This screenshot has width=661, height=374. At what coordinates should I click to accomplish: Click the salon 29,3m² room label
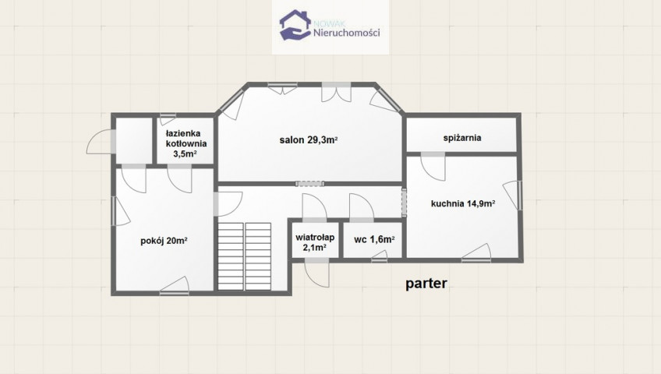click(309, 139)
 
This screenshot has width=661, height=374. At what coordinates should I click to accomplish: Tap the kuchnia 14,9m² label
click(463, 204)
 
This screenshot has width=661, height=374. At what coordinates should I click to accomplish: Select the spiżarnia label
click(462, 138)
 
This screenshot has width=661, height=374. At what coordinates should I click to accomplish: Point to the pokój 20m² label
click(164, 241)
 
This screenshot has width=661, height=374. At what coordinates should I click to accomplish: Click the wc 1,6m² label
click(374, 240)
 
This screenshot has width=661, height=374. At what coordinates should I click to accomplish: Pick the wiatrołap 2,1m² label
click(315, 242)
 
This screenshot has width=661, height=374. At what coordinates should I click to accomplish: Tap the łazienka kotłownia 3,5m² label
click(186, 143)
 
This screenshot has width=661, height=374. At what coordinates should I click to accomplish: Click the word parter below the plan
click(426, 284)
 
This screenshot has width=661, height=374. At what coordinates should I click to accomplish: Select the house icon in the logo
click(295, 25)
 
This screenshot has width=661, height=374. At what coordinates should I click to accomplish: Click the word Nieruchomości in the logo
click(347, 33)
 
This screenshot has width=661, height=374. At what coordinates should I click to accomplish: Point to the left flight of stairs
click(231, 256)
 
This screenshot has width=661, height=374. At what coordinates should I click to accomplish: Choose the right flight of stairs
click(258, 256)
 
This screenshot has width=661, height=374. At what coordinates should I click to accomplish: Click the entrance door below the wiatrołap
click(316, 273)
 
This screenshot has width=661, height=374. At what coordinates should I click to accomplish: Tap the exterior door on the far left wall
click(101, 142)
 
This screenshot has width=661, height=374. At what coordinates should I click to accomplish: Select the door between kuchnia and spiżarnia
click(433, 167)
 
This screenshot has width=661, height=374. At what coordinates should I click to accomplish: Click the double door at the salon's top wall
click(337, 92)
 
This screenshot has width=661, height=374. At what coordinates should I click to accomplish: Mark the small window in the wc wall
click(380, 257)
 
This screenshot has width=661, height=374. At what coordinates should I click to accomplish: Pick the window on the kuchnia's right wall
click(514, 195)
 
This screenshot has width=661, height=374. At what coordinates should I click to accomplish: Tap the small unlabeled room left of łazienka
click(133, 141)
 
